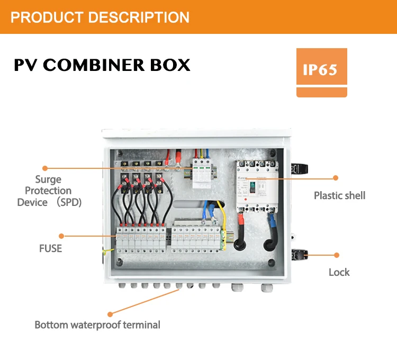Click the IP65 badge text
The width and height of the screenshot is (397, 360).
[x=321, y=70]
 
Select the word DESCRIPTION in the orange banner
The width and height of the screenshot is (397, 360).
[x=139, y=17]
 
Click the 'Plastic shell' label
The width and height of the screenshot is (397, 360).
[x=339, y=195]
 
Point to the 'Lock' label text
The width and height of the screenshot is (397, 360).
[x=339, y=272]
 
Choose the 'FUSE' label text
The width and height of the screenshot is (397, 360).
[x=50, y=248]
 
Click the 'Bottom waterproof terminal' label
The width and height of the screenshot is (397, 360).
[x=97, y=325]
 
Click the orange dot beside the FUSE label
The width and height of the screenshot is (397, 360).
[x=62, y=236]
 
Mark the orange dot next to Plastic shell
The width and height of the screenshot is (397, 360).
[x=335, y=178]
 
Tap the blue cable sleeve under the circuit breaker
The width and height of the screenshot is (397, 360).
[x=271, y=217]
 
